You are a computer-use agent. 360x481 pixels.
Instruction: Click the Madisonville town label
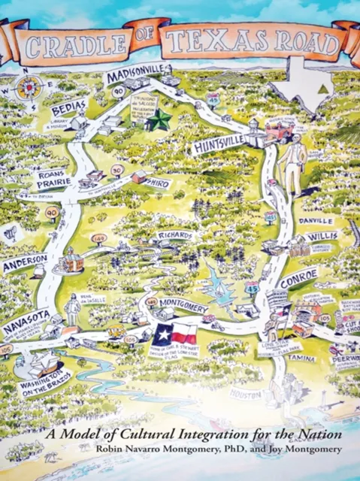pyautogui.click(x=136, y=77)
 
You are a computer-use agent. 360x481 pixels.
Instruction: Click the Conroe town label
pyautogui.click(x=298, y=273)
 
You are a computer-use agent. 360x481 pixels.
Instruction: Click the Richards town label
pyautogui.click(x=175, y=236)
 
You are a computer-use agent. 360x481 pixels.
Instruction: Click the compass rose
pyautogui.click(x=30, y=86)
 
